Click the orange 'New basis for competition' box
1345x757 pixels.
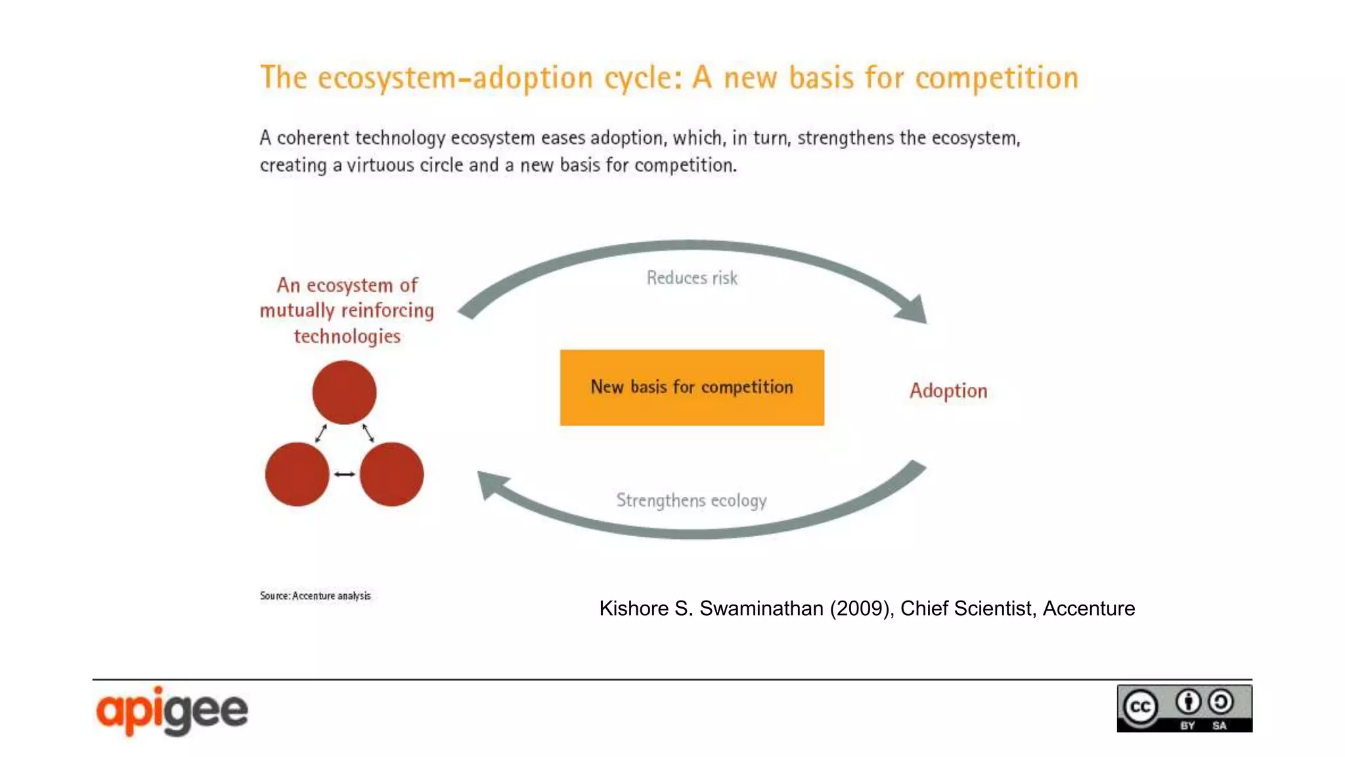click(x=692, y=387)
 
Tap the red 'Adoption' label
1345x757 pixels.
click(x=948, y=391)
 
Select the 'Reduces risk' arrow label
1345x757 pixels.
click(x=692, y=278)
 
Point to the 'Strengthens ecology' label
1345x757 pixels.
click(x=691, y=501)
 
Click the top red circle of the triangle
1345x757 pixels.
click(x=344, y=392)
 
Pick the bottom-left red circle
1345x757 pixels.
click(x=297, y=474)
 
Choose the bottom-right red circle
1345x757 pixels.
click(x=391, y=474)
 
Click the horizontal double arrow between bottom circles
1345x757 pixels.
click(x=344, y=474)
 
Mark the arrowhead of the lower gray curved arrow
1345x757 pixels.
click(x=491, y=484)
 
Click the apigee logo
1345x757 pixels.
click(x=172, y=710)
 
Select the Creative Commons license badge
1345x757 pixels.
click(x=1184, y=708)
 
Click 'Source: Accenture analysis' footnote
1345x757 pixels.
click(x=315, y=596)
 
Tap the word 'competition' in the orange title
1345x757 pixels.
click(x=996, y=78)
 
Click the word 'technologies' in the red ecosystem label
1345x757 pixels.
click(x=347, y=336)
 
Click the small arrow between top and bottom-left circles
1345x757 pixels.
click(x=321, y=433)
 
